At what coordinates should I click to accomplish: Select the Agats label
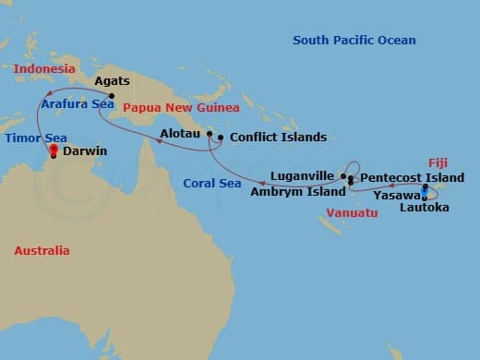point(113,81)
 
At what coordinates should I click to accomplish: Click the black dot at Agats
point(112,96)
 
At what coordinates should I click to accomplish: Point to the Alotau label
point(180,135)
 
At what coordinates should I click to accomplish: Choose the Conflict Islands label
point(278,138)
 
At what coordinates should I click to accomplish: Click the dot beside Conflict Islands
point(221,138)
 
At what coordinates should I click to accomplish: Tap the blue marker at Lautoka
point(425,194)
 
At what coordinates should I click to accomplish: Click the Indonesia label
point(44,69)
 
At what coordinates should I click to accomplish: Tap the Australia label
point(42,250)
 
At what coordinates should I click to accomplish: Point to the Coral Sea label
point(212,182)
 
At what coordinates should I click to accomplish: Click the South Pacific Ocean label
point(354,41)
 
